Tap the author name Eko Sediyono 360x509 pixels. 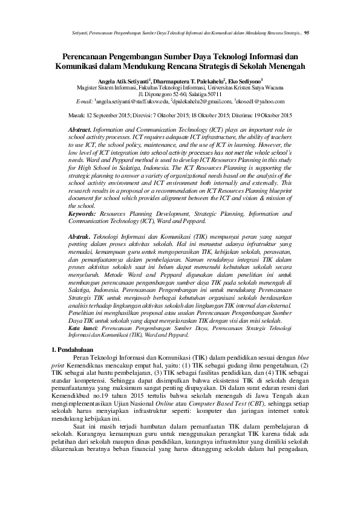click(x=246, y=79)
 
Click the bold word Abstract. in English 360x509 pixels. click(x=80, y=130)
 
